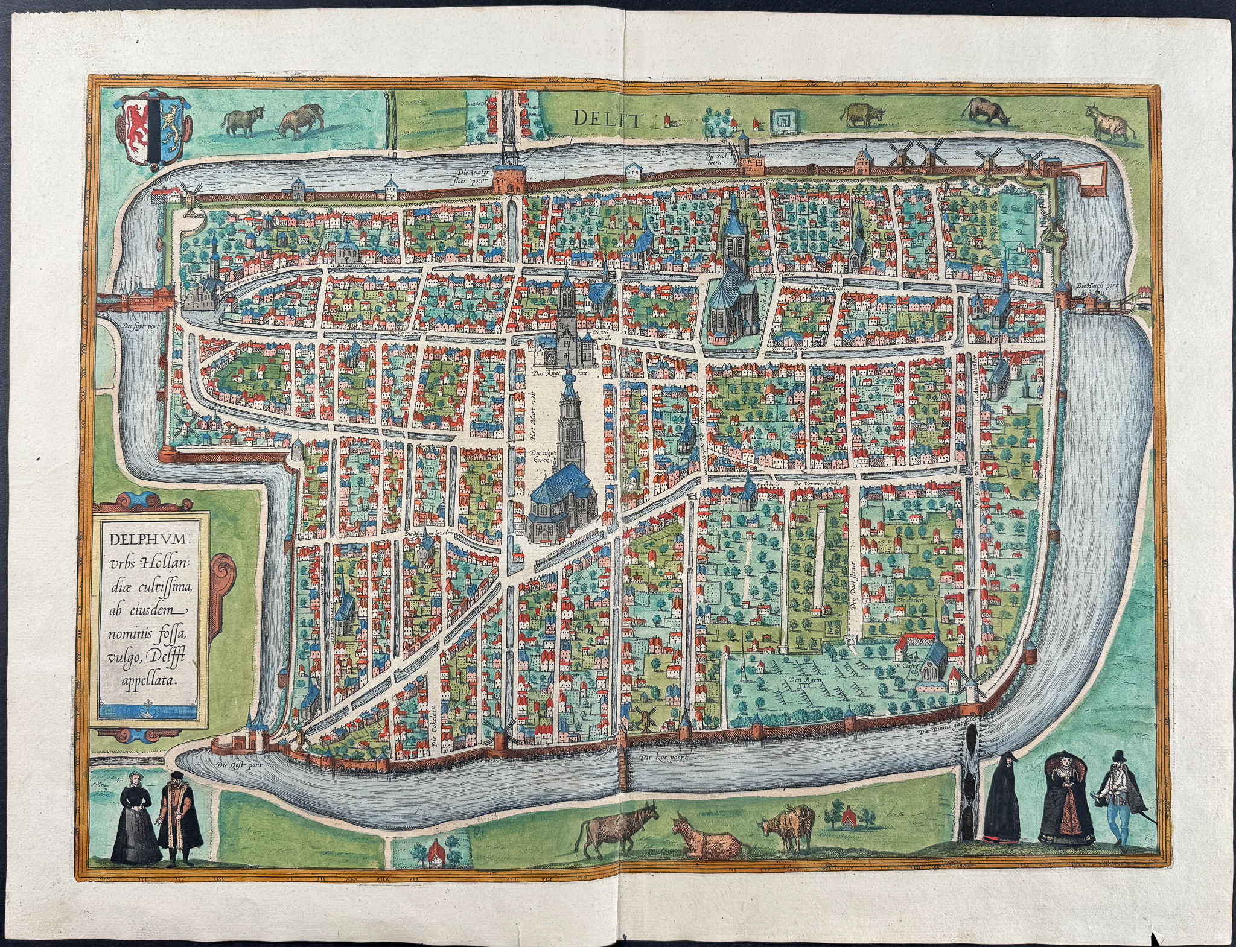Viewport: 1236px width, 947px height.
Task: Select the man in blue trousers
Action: pos(1121,802)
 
